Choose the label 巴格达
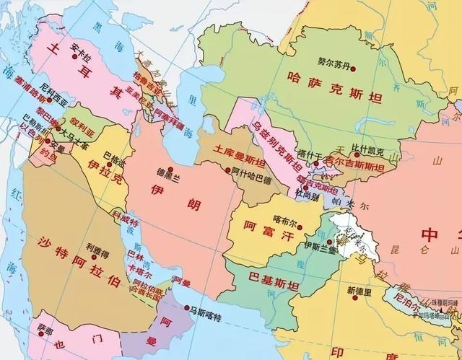tap(113, 155)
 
